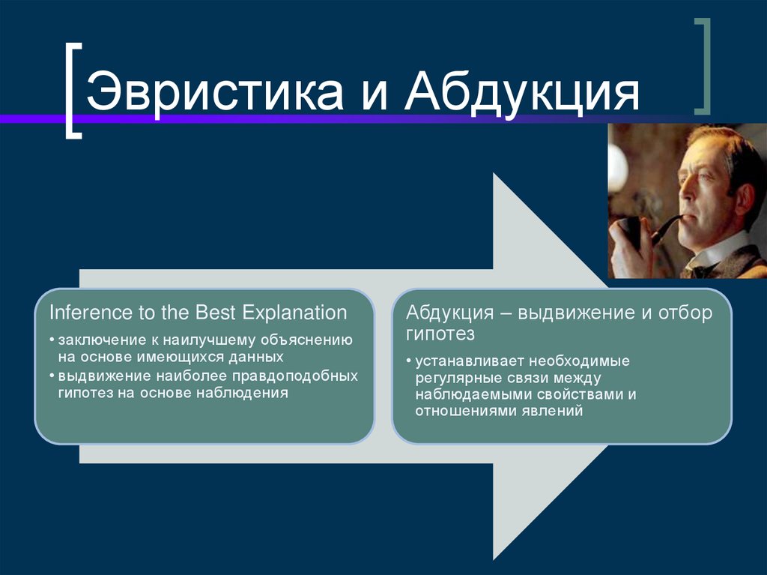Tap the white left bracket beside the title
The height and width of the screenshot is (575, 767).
pyautogui.click(x=73, y=91)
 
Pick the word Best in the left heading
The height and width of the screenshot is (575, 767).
pyautogui.click(x=217, y=313)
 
